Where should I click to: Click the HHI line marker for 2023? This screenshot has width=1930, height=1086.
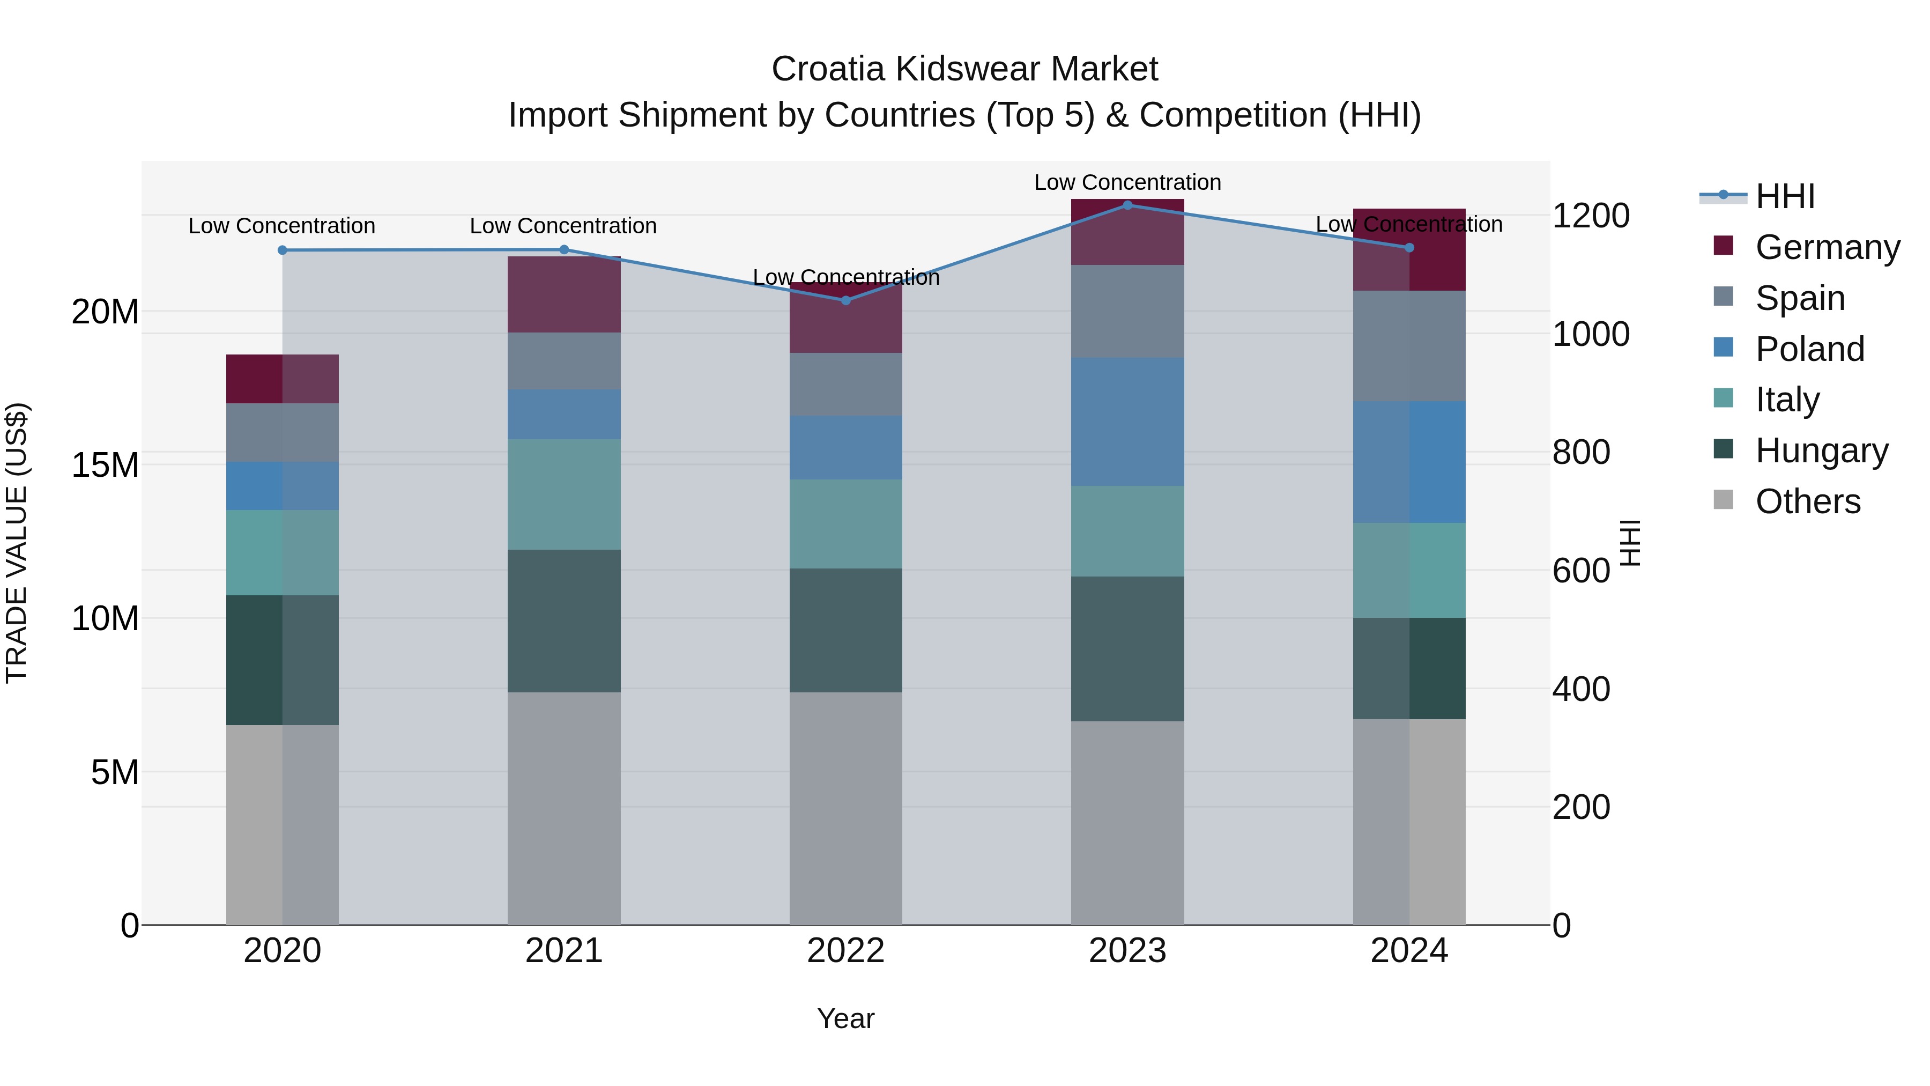(1127, 205)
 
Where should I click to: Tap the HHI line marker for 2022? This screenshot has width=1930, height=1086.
(846, 300)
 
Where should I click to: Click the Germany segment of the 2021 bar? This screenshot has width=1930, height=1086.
(563, 294)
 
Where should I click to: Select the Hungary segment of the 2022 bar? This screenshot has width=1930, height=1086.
(846, 630)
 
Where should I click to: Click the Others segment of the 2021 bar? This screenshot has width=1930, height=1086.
(563, 808)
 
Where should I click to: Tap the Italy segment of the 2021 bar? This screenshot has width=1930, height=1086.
(563, 494)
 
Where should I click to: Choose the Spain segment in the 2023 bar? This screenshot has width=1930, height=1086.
(1127, 311)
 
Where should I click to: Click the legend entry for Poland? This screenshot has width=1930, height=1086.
(1809, 349)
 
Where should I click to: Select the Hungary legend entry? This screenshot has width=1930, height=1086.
(1821, 450)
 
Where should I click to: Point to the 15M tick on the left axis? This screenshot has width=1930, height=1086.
(105, 466)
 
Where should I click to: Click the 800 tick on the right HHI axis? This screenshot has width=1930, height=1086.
(1581, 452)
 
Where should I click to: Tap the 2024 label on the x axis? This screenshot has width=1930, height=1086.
(1408, 951)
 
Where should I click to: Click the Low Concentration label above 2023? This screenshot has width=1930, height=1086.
(1127, 182)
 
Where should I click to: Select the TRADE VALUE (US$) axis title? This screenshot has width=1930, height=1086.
(17, 543)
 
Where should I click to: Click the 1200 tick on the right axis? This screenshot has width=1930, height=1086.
(1590, 216)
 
